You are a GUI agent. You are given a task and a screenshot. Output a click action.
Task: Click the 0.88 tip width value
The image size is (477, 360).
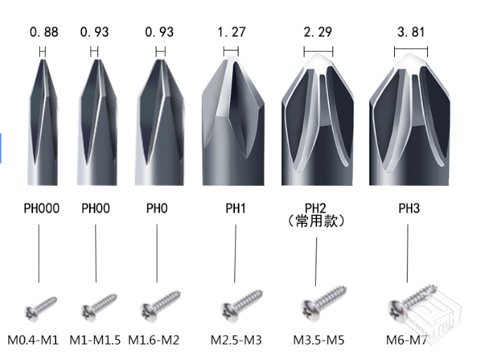43,32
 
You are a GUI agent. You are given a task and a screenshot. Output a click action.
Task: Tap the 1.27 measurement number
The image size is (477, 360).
231,32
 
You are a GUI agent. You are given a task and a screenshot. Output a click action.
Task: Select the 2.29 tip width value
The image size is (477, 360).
318,32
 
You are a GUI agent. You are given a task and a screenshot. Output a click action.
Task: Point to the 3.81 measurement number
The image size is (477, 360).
411,32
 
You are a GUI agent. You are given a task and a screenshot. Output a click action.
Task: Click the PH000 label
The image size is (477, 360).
41,208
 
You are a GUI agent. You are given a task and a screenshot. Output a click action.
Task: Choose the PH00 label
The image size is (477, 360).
95,208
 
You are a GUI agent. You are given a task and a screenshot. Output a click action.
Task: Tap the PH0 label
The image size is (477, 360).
157,208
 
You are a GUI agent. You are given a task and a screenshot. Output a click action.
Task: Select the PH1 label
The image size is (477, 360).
236,208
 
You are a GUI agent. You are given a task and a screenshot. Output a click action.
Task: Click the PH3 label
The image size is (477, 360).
409,208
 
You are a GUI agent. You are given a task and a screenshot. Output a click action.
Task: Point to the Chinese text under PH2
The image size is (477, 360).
316,221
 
